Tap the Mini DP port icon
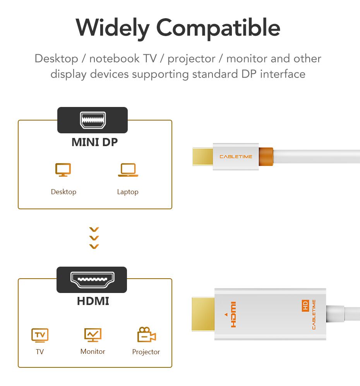coord(93,120)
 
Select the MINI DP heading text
coord(95,142)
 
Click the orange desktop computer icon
coord(63,170)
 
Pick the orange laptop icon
coord(128,170)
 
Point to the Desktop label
coord(63,192)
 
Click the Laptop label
coord(128,192)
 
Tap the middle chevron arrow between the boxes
coord(94,238)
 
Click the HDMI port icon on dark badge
coord(93,280)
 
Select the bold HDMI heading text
coord(93,301)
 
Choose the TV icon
coord(40,335)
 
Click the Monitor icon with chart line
coord(93,335)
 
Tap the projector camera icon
coord(147,334)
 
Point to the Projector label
coord(146,352)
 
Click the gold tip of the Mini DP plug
coord(202,157)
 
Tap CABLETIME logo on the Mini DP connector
coord(236,157)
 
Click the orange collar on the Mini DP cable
coord(266,157)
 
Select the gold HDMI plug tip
coord(203,314)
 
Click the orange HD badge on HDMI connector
coord(305,305)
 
